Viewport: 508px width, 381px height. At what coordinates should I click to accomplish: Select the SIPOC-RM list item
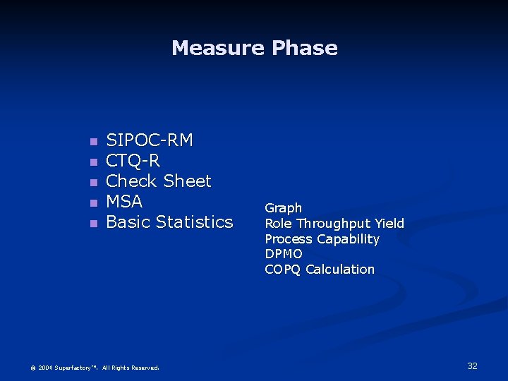pos(149,140)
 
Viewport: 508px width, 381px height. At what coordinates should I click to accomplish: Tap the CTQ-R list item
pos(133,161)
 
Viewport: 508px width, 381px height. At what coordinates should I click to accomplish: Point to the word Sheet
pos(188,181)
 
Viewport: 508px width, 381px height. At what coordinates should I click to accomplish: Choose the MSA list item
pos(124,202)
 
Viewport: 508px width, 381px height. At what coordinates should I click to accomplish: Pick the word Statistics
pos(194,222)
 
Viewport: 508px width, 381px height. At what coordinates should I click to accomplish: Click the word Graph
pos(283,208)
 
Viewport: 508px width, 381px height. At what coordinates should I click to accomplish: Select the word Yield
pos(389,224)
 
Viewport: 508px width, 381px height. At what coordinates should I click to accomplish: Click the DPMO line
pos(283,254)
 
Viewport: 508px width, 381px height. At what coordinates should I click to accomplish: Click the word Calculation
pos(340,270)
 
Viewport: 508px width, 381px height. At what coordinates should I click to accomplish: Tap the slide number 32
pos(472,365)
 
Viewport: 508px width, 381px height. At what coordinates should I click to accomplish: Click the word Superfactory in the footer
pos(75,368)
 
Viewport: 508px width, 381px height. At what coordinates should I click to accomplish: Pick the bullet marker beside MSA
pos(92,203)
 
